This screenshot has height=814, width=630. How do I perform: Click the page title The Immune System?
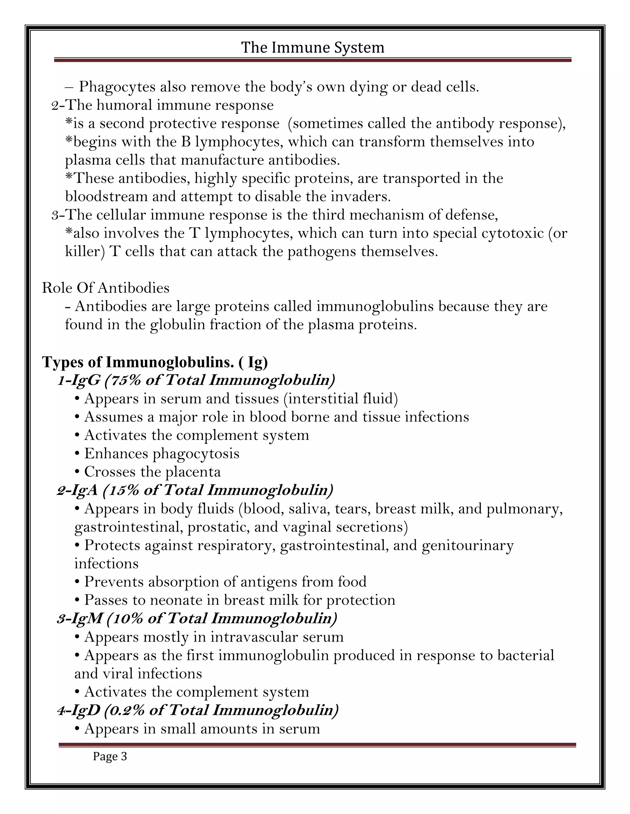[313, 48]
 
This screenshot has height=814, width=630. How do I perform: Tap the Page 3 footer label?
[110, 756]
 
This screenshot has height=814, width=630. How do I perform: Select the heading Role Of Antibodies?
[106, 288]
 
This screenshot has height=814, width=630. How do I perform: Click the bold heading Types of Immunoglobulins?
[155, 362]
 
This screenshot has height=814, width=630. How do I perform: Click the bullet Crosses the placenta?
[152, 472]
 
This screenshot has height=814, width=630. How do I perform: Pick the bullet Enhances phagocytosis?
[161, 454]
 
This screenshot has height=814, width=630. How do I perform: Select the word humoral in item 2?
[124, 105]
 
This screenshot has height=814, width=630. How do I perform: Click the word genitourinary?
[467, 545]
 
